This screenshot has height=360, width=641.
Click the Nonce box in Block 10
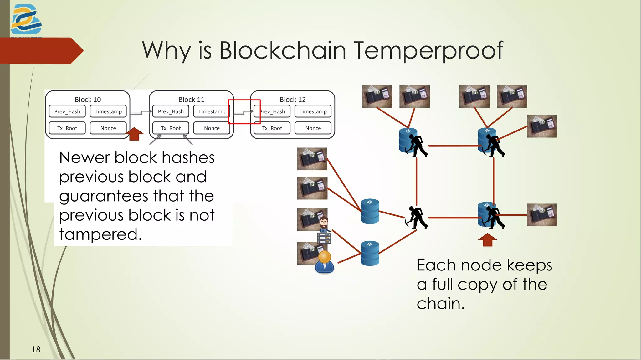click(x=108, y=128)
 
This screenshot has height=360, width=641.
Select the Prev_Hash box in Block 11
click(x=171, y=111)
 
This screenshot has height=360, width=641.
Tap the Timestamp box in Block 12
click(x=313, y=111)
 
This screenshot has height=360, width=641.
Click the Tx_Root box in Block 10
click(x=67, y=128)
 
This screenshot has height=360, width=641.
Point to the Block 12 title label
click(x=292, y=100)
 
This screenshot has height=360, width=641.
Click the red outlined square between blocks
click(x=244, y=112)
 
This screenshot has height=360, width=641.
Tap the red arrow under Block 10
click(x=135, y=134)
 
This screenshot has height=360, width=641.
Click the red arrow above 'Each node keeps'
click(x=487, y=240)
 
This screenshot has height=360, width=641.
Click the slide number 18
click(x=36, y=349)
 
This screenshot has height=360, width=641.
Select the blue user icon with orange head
click(x=325, y=262)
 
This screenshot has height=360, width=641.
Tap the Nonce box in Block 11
click(x=212, y=128)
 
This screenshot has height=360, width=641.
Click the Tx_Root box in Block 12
click(x=272, y=128)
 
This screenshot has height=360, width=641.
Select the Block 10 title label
click(x=88, y=100)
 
